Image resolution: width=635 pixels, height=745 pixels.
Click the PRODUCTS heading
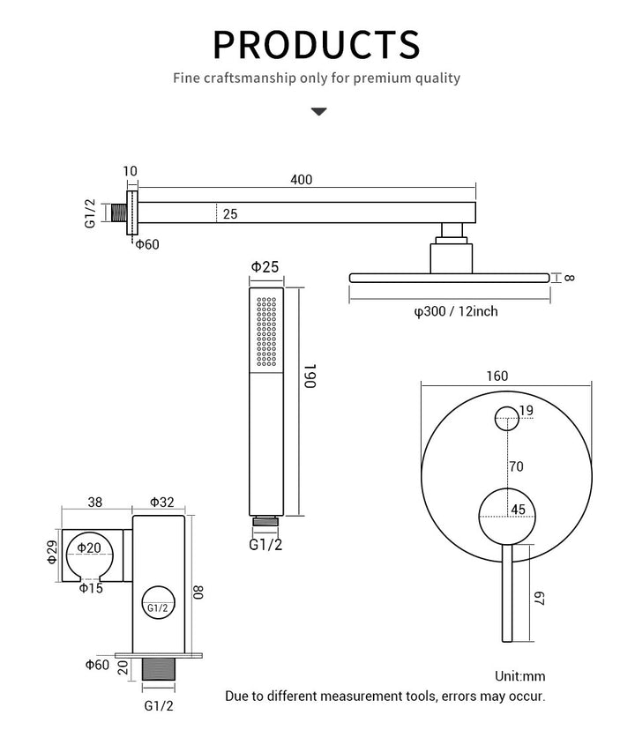coord(317,42)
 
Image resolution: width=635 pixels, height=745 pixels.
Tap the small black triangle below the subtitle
coord(318,112)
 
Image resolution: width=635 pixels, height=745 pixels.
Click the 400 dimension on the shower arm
coord(301,180)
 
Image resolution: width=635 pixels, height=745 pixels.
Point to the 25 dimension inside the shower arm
coord(229,213)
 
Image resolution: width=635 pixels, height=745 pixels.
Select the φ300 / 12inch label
coord(456,310)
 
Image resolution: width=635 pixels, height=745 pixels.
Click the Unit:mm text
coord(519,676)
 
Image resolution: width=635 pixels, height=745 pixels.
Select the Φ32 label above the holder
coord(161,502)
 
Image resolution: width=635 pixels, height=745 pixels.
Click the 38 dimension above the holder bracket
coord(95,502)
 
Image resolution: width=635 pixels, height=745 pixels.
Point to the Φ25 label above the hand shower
coord(265,266)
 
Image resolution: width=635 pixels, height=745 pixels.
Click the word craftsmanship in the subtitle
coord(253,78)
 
